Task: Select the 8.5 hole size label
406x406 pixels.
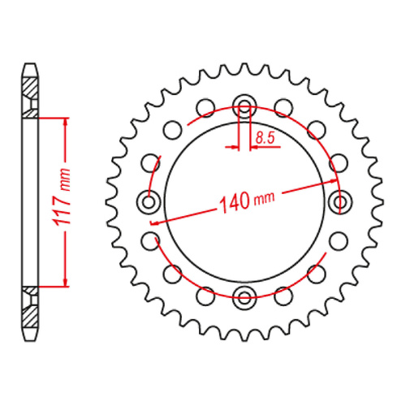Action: coord(263,139)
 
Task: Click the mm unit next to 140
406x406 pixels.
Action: coord(262,198)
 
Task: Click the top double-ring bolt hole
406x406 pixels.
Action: coord(244,104)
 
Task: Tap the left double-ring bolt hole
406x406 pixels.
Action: coord(149,200)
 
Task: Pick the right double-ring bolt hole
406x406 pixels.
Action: coord(339,200)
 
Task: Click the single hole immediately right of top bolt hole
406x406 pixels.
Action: coord(282,106)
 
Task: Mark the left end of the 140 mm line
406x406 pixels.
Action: coord(151,221)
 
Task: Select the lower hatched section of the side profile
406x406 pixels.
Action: coord(29,310)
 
